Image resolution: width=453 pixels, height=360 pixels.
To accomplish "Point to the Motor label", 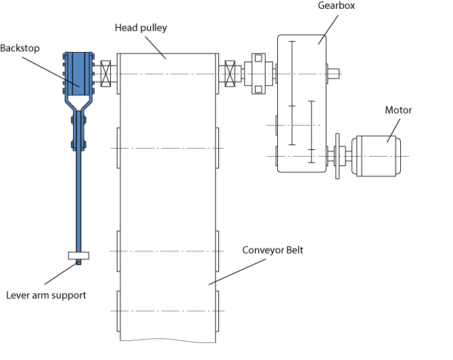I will [398, 110].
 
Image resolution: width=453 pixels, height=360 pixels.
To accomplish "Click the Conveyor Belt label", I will [273, 250].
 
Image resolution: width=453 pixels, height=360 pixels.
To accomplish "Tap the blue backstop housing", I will [79, 70].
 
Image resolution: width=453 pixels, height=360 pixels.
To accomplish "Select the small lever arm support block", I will [79, 256].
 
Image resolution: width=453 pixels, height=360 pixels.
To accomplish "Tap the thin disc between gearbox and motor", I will [337, 156].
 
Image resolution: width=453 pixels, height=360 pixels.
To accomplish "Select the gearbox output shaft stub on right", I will [334, 72].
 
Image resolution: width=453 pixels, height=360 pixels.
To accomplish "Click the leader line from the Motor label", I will [393, 128].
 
